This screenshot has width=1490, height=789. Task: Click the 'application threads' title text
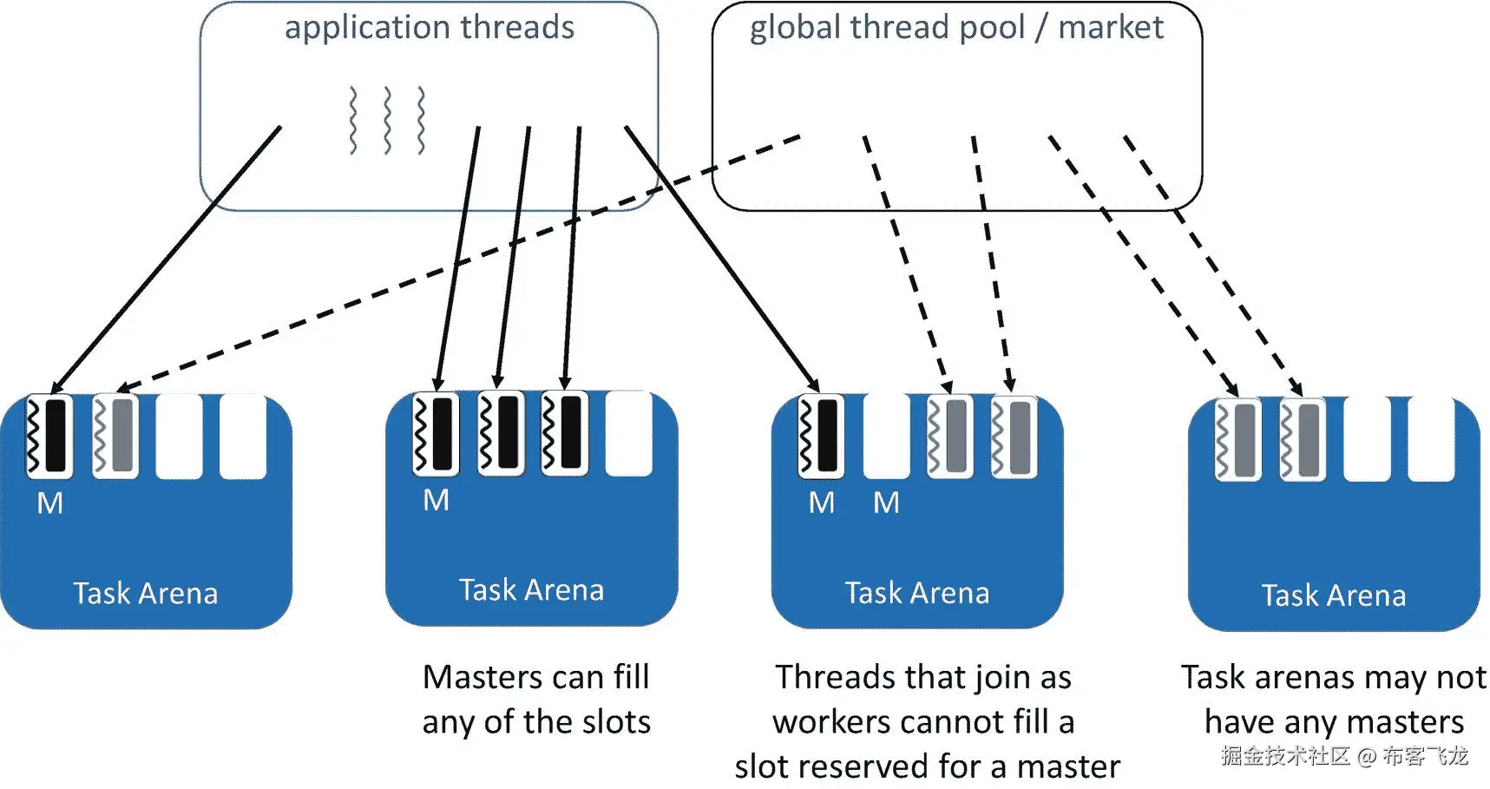[x=429, y=28]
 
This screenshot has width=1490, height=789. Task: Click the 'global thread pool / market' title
[x=955, y=28]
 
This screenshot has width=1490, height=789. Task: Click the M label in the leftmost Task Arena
[x=49, y=503]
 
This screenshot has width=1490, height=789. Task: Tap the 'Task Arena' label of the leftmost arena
[x=145, y=594]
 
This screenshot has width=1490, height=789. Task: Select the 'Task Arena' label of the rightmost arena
[x=1333, y=596]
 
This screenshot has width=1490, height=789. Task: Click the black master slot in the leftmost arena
[x=50, y=436]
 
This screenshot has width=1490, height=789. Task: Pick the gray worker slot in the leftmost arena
[x=115, y=436]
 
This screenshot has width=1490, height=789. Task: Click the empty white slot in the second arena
[x=628, y=433]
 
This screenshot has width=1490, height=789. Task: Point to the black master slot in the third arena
[x=821, y=436]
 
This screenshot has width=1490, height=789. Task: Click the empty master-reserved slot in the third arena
[x=886, y=436]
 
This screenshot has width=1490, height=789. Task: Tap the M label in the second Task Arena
[x=436, y=501]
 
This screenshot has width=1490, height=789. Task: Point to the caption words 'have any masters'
[x=1334, y=722]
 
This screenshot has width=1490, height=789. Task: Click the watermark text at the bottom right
[x=1344, y=756]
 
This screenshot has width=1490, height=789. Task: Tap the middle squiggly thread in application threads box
[x=387, y=121]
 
